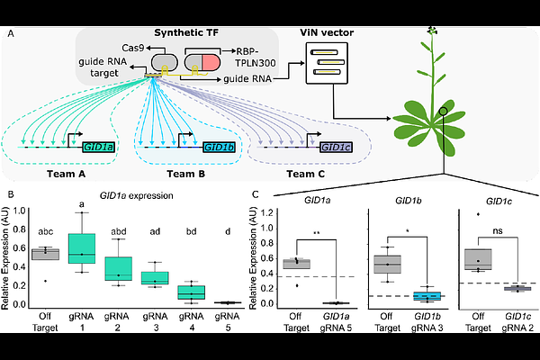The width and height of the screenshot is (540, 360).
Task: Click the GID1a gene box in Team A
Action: pos(97,146)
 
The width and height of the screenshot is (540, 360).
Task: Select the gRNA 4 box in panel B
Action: pos(190,292)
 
